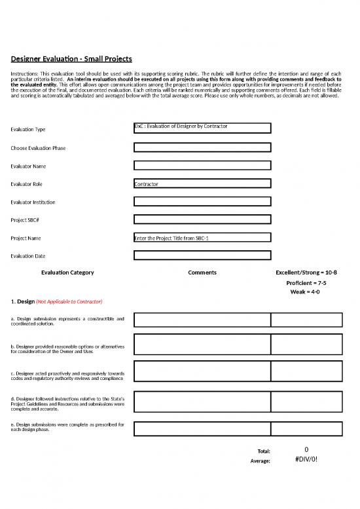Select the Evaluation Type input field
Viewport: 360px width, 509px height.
[x=202, y=128]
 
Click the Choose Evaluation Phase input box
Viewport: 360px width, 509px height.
[x=202, y=147]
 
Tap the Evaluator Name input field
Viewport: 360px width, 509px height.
[x=202, y=166]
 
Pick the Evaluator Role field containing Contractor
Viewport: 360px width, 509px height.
[x=202, y=184]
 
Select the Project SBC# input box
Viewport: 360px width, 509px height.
[x=202, y=219]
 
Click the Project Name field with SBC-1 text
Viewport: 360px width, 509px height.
[x=202, y=238]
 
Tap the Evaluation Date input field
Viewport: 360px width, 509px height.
[x=202, y=255]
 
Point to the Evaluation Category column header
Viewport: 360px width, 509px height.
[x=67, y=273]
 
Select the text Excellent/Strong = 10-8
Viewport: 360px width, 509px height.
[x=308, y=273]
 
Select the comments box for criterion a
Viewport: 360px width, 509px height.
[x=202, y=320]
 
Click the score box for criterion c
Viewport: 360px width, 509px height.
[x=306, y=371]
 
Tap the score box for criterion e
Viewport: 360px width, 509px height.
[x=306, y=428]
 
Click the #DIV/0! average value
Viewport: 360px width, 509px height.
[x=306, y=459]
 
